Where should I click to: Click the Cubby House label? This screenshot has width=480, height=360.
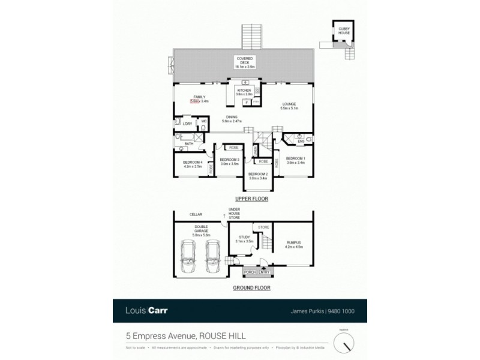point(343,31)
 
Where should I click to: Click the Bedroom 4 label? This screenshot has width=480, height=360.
point(188,163)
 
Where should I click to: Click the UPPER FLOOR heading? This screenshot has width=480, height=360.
point(251,199)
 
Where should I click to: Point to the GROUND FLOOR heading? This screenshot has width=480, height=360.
point(251,288)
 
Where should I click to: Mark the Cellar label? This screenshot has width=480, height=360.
point(196,214)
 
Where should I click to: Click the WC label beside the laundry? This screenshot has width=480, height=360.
point(204,122)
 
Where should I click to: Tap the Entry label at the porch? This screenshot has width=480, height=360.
point(264,272)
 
